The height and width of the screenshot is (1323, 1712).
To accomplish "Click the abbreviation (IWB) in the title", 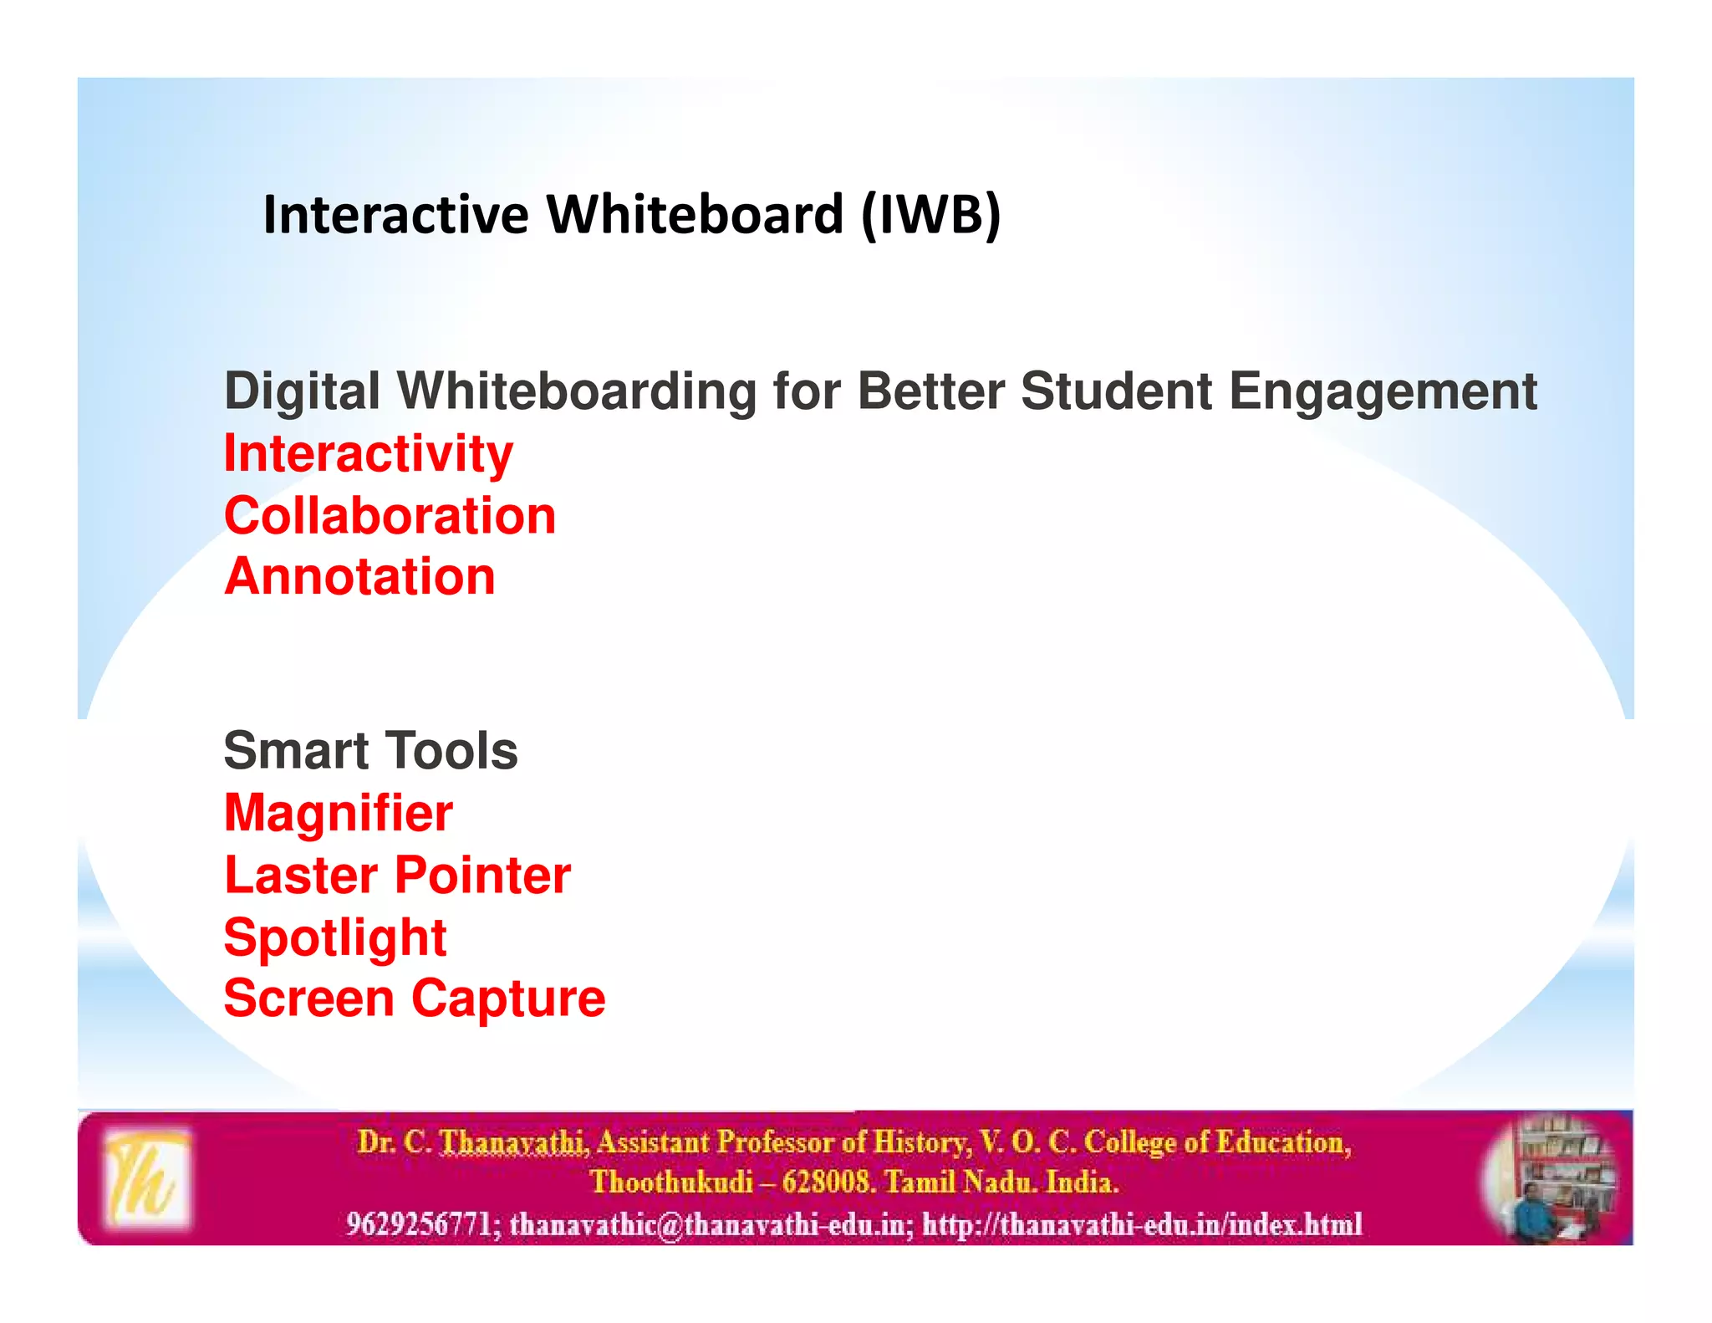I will point(930,215).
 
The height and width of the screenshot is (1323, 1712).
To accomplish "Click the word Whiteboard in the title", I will point(695,215).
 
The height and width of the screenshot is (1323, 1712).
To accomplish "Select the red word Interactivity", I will point(369,454).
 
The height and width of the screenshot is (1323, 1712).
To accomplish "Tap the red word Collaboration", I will point(390,516).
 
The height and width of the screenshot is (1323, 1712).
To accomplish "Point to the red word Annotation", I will point(359,577).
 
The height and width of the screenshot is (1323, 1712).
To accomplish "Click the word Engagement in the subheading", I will point(1383,391).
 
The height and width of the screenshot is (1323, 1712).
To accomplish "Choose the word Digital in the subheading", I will point(303,391).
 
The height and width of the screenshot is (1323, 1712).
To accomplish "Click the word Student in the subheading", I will point(1116,391).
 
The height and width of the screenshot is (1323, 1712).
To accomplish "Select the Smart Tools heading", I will point(370,750).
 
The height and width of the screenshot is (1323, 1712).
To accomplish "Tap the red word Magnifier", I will point(339,813).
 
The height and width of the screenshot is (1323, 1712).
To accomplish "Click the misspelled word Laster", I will point(301,876).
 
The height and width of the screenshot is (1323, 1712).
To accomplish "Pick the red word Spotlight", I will point(335,937).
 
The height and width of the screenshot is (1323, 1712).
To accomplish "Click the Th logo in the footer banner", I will point(147,1178).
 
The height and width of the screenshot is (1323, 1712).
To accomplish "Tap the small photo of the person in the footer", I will point(1549,1180).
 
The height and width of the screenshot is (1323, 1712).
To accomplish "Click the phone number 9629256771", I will point(419,1224).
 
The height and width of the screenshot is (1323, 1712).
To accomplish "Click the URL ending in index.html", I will point(1143,1224).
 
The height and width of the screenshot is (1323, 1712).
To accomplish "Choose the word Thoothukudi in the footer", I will point(671,1183).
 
